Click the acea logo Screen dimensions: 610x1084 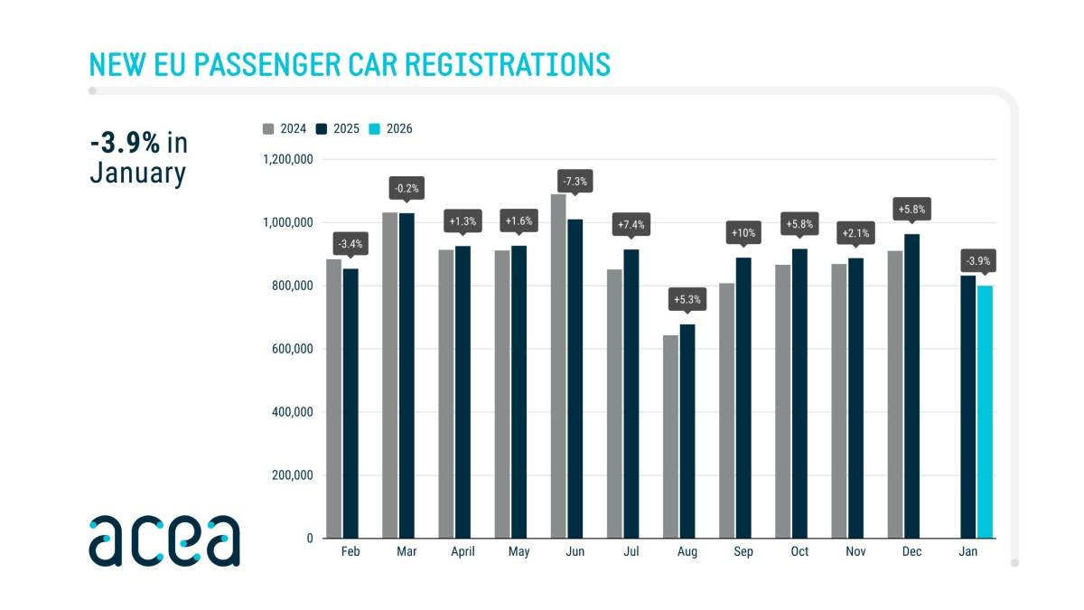coord(164,540)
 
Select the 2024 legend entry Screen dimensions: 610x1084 coord(285,128)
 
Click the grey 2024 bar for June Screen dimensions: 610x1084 coord(558,366)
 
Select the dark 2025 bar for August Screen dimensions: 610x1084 coord(687,431)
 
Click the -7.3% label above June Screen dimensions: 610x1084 coord(575,181)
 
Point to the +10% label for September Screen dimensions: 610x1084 coord(743,231)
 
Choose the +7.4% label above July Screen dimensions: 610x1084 coord(631,223)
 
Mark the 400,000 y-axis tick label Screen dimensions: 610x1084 coord(290,412)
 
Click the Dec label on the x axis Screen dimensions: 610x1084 coord(911,551)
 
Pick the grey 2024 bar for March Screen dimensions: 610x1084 coord(389,375)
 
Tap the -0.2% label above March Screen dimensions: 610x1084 coord(406,189)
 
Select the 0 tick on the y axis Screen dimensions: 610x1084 coord(309,539)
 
